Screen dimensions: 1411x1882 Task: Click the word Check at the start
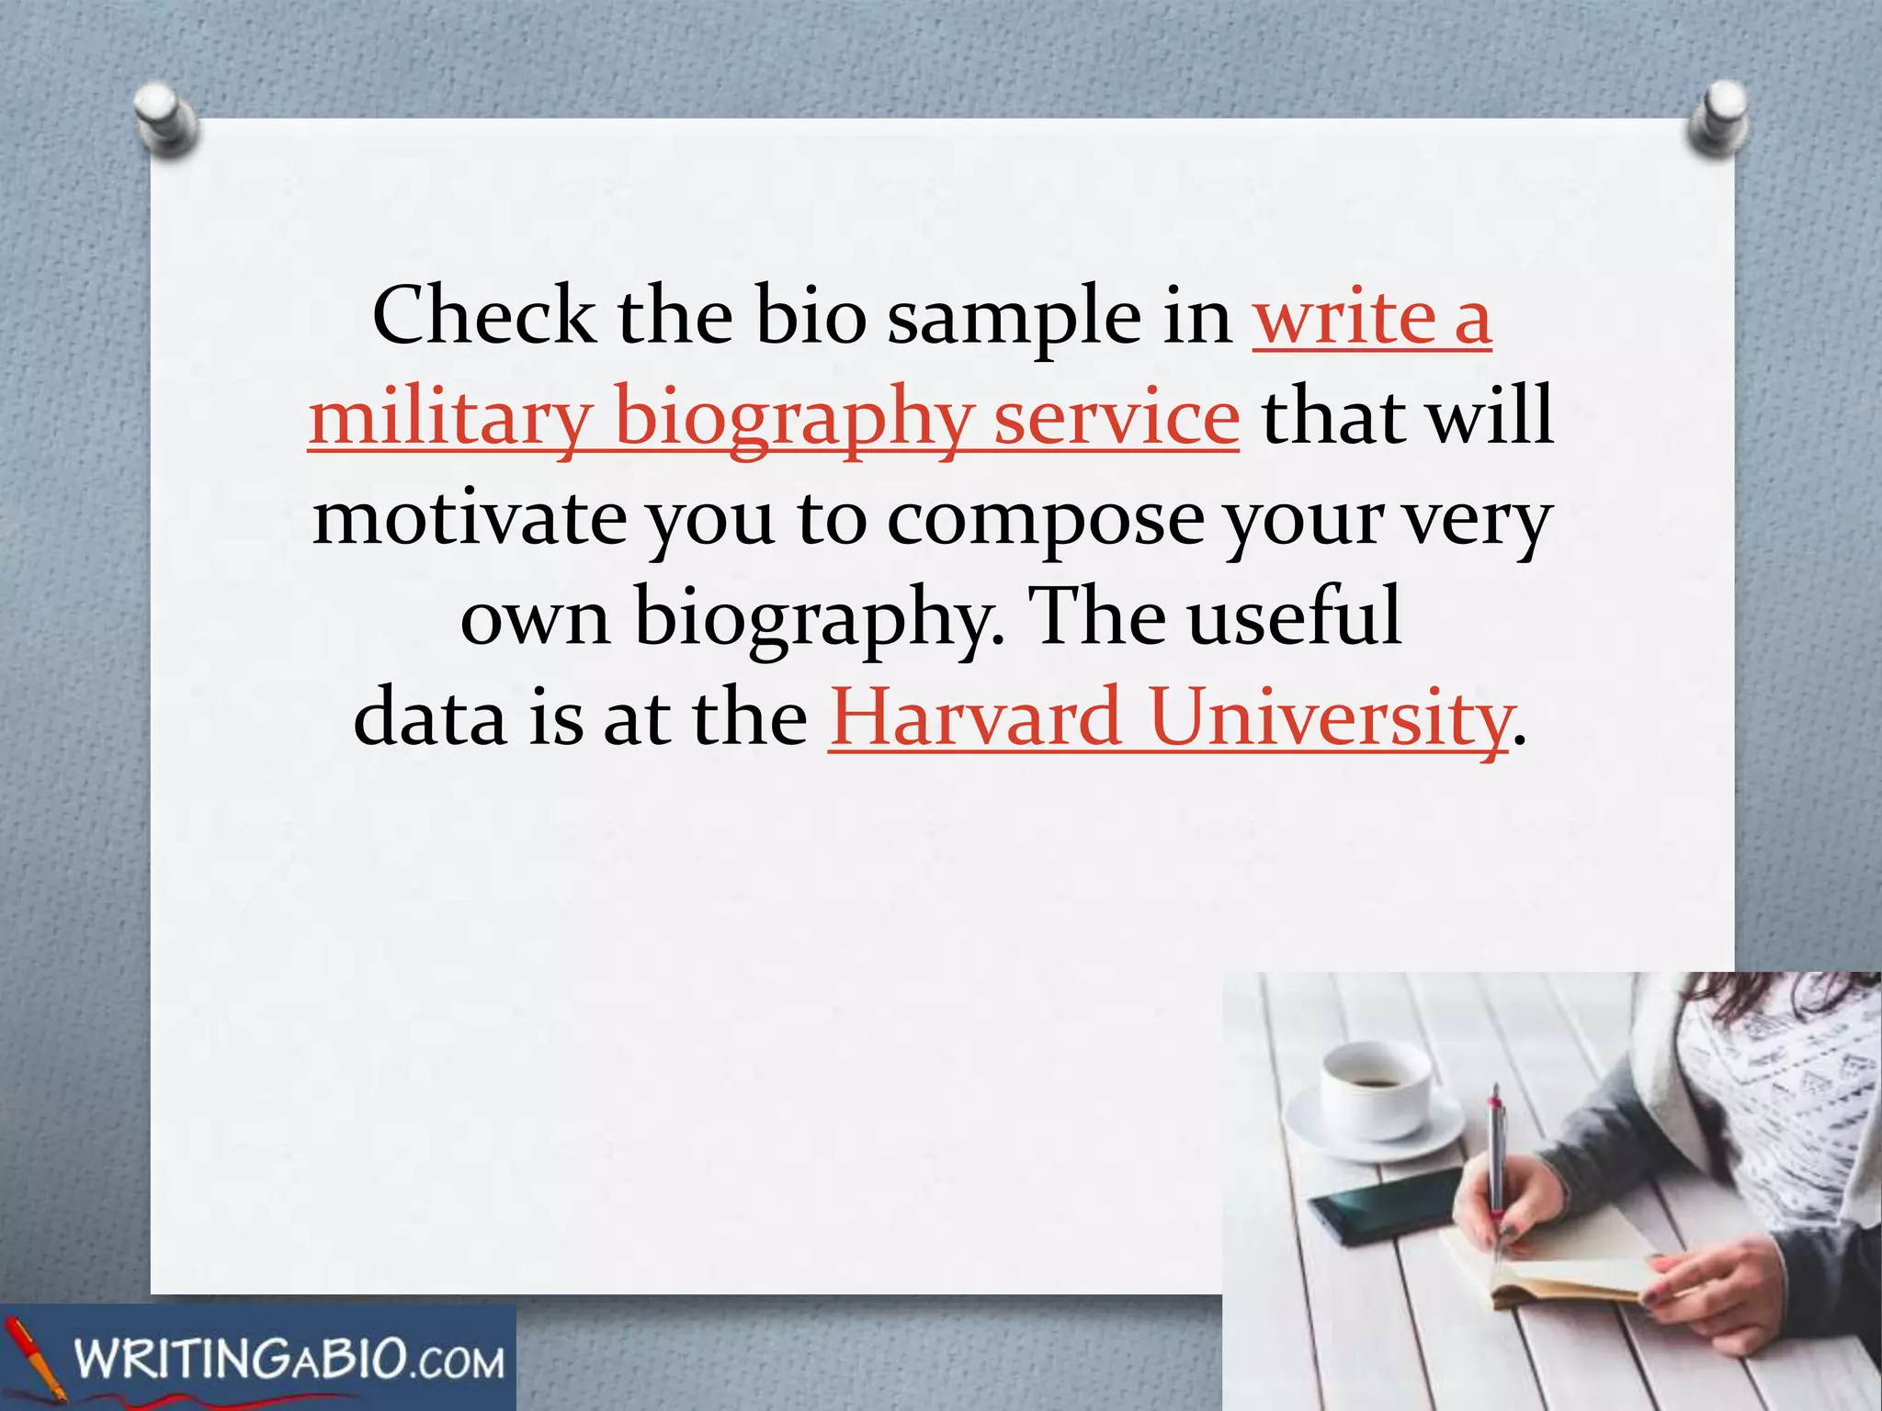pos(483,316)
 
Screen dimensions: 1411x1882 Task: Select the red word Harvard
pos(974,717)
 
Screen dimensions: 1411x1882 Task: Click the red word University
pos(1329,717)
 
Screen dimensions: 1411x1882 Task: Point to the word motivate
pos(470,518)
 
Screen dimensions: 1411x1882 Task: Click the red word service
pos(1117,417)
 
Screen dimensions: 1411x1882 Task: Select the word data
pos(429,717)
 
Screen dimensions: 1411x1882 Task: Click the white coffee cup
pos(1375,1093)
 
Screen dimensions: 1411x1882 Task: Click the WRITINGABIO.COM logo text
pos(289,1359)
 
